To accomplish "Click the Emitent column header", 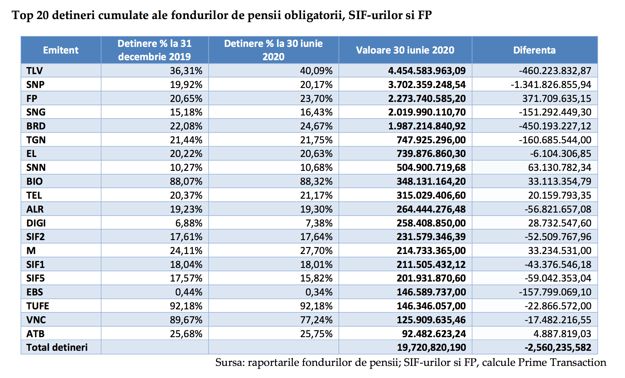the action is click(61, 50).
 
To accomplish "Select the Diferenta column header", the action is click(534, 50).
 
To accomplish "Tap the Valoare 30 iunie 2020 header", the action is click(405, 50).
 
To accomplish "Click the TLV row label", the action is click(35, 71).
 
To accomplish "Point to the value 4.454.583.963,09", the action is click(427, 71).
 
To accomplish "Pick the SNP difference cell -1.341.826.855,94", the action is click(551, 85).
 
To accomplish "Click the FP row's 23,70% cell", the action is click(316, 99).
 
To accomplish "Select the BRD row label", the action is click(36, 126).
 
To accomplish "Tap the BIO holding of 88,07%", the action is click(186, 181).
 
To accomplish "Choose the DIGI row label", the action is click(36, 223).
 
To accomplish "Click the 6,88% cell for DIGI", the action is click(189, 223).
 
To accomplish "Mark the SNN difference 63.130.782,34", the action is click(560, 168).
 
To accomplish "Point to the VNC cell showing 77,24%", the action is click(316, 320).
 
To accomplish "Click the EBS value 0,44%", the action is click(189, 292).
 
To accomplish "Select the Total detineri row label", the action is click(57, 347).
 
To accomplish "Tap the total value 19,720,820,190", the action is click(432, 347).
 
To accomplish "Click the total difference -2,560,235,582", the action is click(558, 347).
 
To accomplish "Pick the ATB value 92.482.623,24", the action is click(434, 334).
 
